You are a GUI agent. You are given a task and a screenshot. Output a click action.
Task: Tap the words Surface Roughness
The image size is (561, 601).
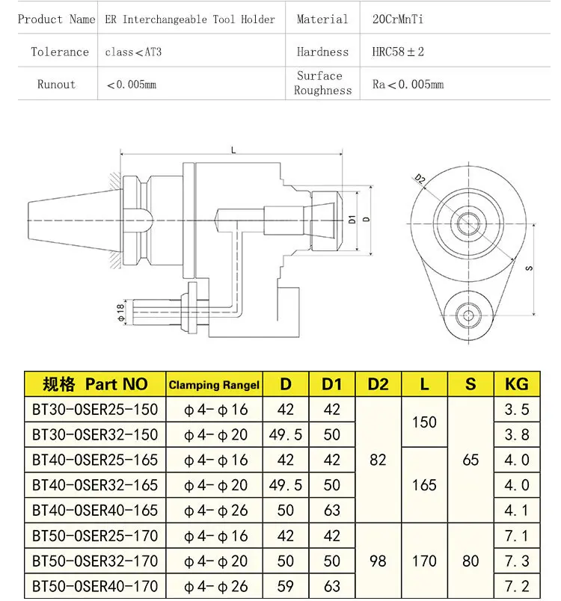pos(322,83)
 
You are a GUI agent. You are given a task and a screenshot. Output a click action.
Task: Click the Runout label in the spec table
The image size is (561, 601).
pos(56,84)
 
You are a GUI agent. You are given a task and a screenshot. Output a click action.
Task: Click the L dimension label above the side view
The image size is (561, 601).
pos(234,150)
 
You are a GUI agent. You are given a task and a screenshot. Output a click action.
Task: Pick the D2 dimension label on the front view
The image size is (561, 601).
pos(420,179)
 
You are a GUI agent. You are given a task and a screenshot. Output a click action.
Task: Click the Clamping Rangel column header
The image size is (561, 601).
pos(214,385)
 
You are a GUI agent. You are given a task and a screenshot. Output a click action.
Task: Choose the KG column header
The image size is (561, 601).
pos(517,384)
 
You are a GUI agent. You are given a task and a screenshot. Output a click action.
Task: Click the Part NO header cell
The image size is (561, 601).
pos(95,384)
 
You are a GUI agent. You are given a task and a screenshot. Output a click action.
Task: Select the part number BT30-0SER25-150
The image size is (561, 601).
pos(95,409)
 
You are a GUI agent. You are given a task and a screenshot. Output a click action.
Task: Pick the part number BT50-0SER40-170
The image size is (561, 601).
pos(95,585)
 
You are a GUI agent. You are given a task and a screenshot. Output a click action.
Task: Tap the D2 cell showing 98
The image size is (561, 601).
pos(378,560)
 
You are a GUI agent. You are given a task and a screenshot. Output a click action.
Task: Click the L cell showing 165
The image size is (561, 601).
pos(424,484)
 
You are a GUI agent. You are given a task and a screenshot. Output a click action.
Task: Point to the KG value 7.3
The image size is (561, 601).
pos(517,561)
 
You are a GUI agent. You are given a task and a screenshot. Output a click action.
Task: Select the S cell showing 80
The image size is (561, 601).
pos(470,560)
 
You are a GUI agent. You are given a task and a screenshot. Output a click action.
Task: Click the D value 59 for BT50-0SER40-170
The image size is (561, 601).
pos(286,585)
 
